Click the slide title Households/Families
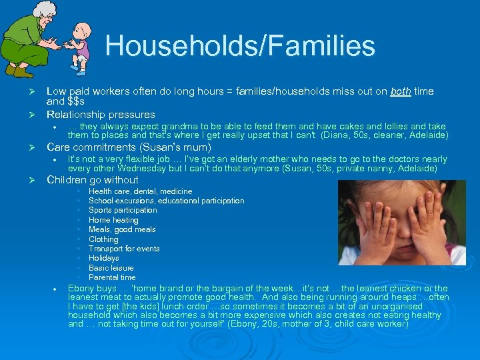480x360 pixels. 240,46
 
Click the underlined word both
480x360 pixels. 400,91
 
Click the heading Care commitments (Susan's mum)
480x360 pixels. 128,147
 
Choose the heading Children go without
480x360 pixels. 92,179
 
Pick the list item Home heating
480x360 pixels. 113,220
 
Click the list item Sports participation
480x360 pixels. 123,210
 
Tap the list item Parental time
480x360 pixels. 112,277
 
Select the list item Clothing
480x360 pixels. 103,239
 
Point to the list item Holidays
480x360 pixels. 103,258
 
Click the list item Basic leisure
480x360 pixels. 111,268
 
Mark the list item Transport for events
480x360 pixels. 124,249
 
